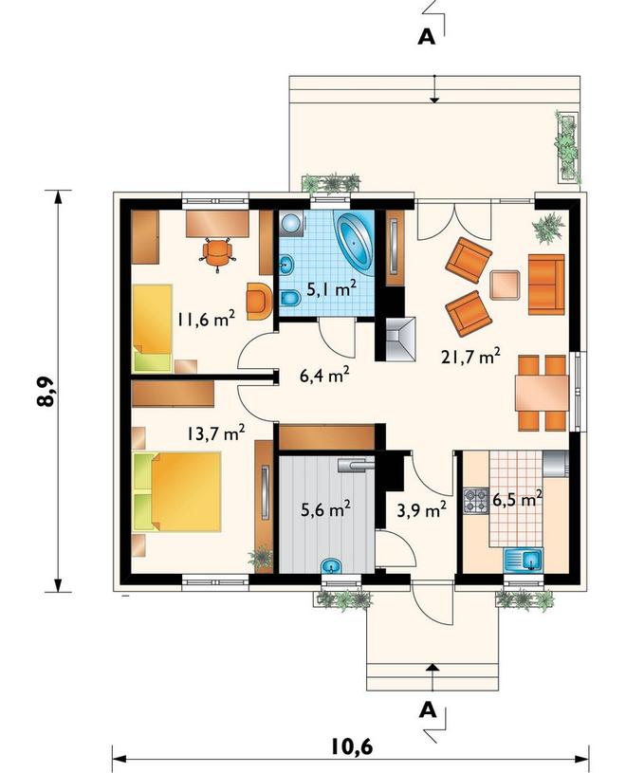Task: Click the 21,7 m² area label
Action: click(x=470, y=356)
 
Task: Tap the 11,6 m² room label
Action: click(x=206, y=319)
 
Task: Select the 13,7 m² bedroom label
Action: click(x=216, y=433)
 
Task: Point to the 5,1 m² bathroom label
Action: click(x=332, y=289)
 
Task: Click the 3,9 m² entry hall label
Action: click(x=422, y=510)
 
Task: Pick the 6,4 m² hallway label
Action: click(x=324, y=376)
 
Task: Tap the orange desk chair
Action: click(x=217, y=254)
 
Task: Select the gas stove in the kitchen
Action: click(x=475, y=501)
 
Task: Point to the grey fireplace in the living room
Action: click(x=401, y=340)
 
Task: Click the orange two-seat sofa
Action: click(x=546, y=285)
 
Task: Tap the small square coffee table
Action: click(x=505, y=285)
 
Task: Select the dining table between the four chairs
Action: click(x=542, y=393)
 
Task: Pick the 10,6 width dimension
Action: click(x=350, y=746)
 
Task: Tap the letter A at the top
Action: click(x=427, y=37)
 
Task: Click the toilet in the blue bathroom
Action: click(x=290, y=298)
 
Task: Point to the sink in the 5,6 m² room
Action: click(x=332, y=565)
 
